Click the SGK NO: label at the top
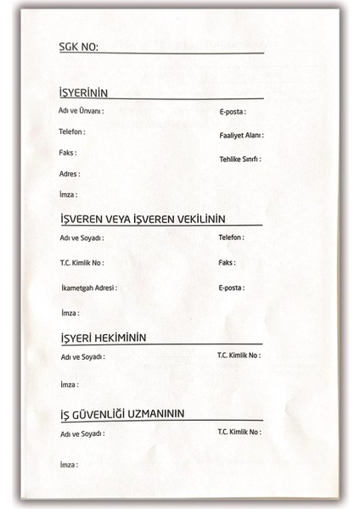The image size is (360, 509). (x=78, y=48)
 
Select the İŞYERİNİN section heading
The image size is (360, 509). (x=83, y=92)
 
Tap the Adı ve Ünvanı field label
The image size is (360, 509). (x=81, y=112)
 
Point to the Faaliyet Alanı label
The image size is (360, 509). (x=241, y=136)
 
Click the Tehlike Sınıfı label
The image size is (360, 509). (x=239, y=159)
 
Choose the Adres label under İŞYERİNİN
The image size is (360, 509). (x=69, y=174)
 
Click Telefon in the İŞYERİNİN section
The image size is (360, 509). (x=71, y=132)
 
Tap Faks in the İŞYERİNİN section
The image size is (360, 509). (x=68, y=154)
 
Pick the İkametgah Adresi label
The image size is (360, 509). (x=88, y=288)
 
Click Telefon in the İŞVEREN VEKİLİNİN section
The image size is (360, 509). (x=232, y=238)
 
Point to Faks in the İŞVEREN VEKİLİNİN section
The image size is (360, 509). (x=227, y=263)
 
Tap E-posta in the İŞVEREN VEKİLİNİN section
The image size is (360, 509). (x=231, y=288)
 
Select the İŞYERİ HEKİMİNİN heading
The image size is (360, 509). (x=103, y=337)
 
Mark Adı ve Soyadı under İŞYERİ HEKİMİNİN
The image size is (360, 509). (x=82, y=358)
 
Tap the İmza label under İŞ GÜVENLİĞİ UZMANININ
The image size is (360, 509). (x=69, y=465)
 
